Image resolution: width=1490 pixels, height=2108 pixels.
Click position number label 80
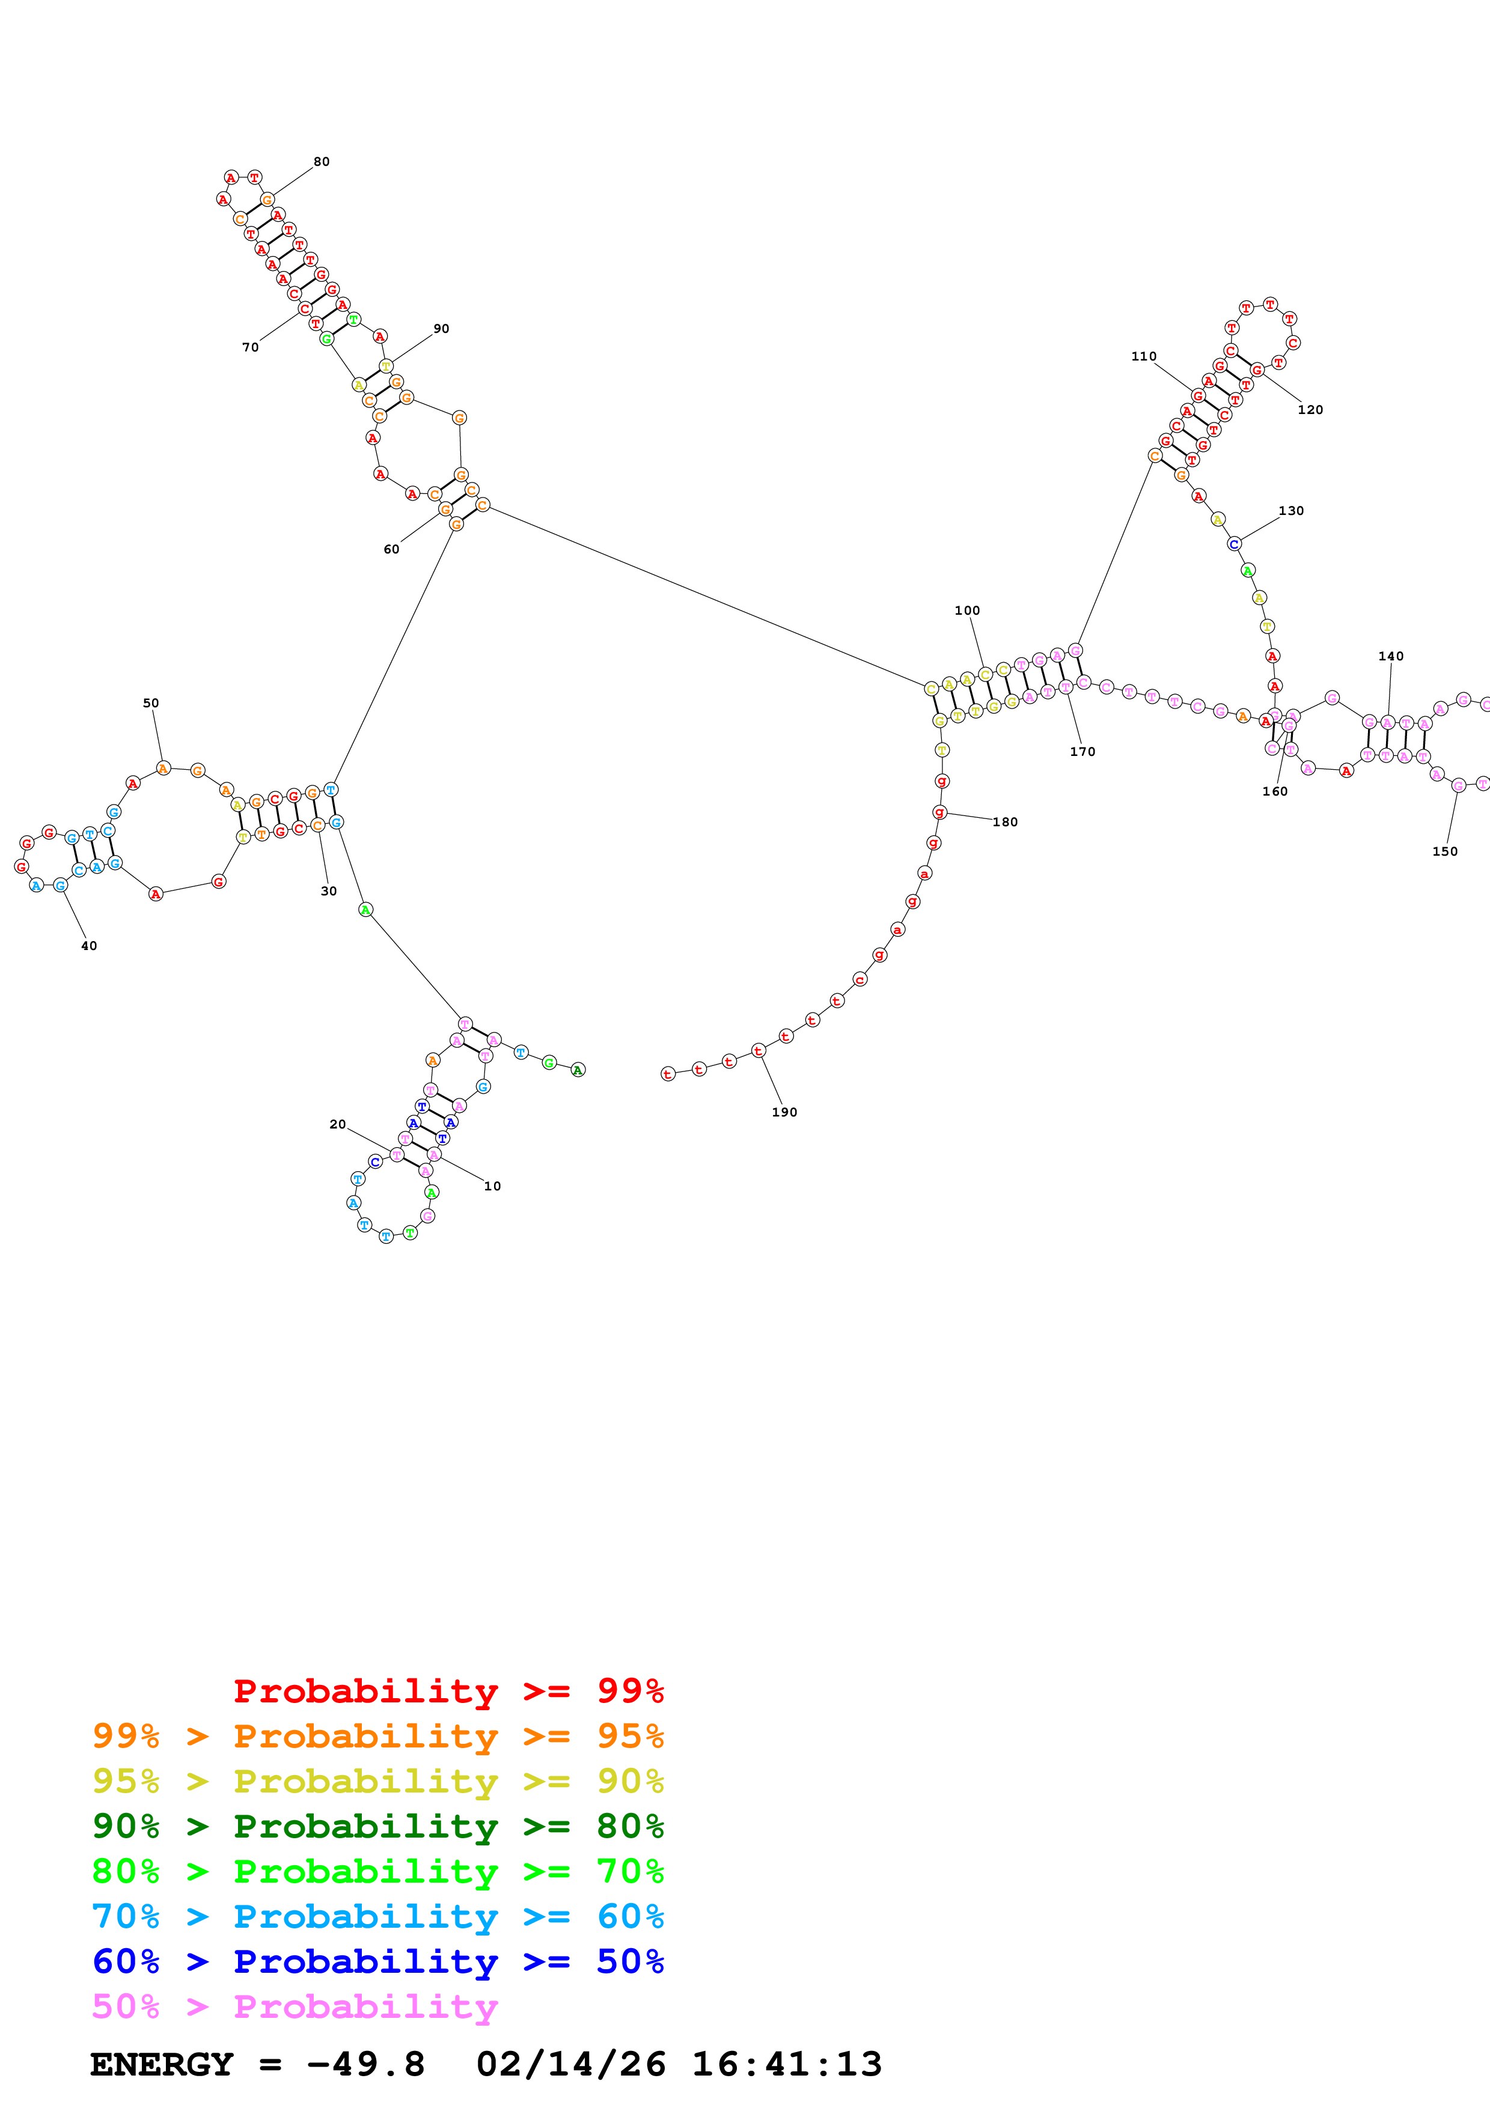322,162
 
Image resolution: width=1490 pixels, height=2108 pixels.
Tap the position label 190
784,1112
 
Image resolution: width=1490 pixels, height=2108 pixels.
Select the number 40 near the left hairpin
89,946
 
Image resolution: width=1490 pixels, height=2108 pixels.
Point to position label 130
1291,510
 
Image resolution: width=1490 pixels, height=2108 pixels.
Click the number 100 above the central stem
966,611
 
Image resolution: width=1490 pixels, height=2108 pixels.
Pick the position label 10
492,1186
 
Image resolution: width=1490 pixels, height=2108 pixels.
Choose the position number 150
1444,851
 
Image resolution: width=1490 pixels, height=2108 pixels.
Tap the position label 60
391,549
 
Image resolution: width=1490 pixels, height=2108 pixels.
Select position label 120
1310,409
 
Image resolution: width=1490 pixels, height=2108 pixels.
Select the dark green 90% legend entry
377,1826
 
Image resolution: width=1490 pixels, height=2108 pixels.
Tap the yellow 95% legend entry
377,1781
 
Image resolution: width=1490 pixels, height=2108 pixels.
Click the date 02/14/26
570,2064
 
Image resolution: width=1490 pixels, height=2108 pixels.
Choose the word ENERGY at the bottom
162,2064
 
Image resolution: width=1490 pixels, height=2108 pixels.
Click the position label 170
1082,751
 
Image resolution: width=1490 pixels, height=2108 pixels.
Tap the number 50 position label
150,702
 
